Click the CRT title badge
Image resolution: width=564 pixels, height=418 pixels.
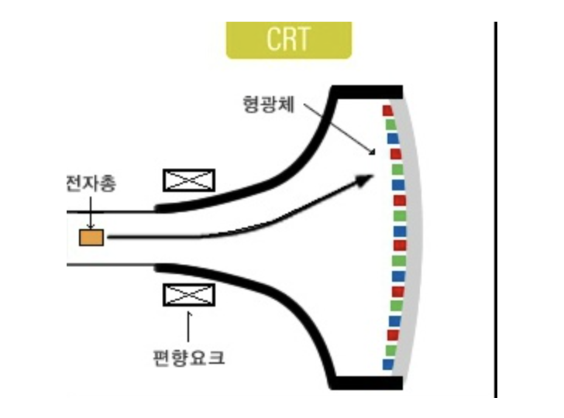tap(288, 39)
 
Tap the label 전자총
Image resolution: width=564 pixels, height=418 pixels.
tap(88, 184)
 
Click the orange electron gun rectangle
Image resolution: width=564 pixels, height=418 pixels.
tap(91, 238)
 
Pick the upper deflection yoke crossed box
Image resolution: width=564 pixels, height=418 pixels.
tap(189, 180)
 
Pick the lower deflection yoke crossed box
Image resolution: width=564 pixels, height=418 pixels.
tap(189, 295)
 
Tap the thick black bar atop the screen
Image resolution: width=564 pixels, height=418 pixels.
tap(366, 91)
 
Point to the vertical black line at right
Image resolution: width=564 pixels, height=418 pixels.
tap(496, 209)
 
